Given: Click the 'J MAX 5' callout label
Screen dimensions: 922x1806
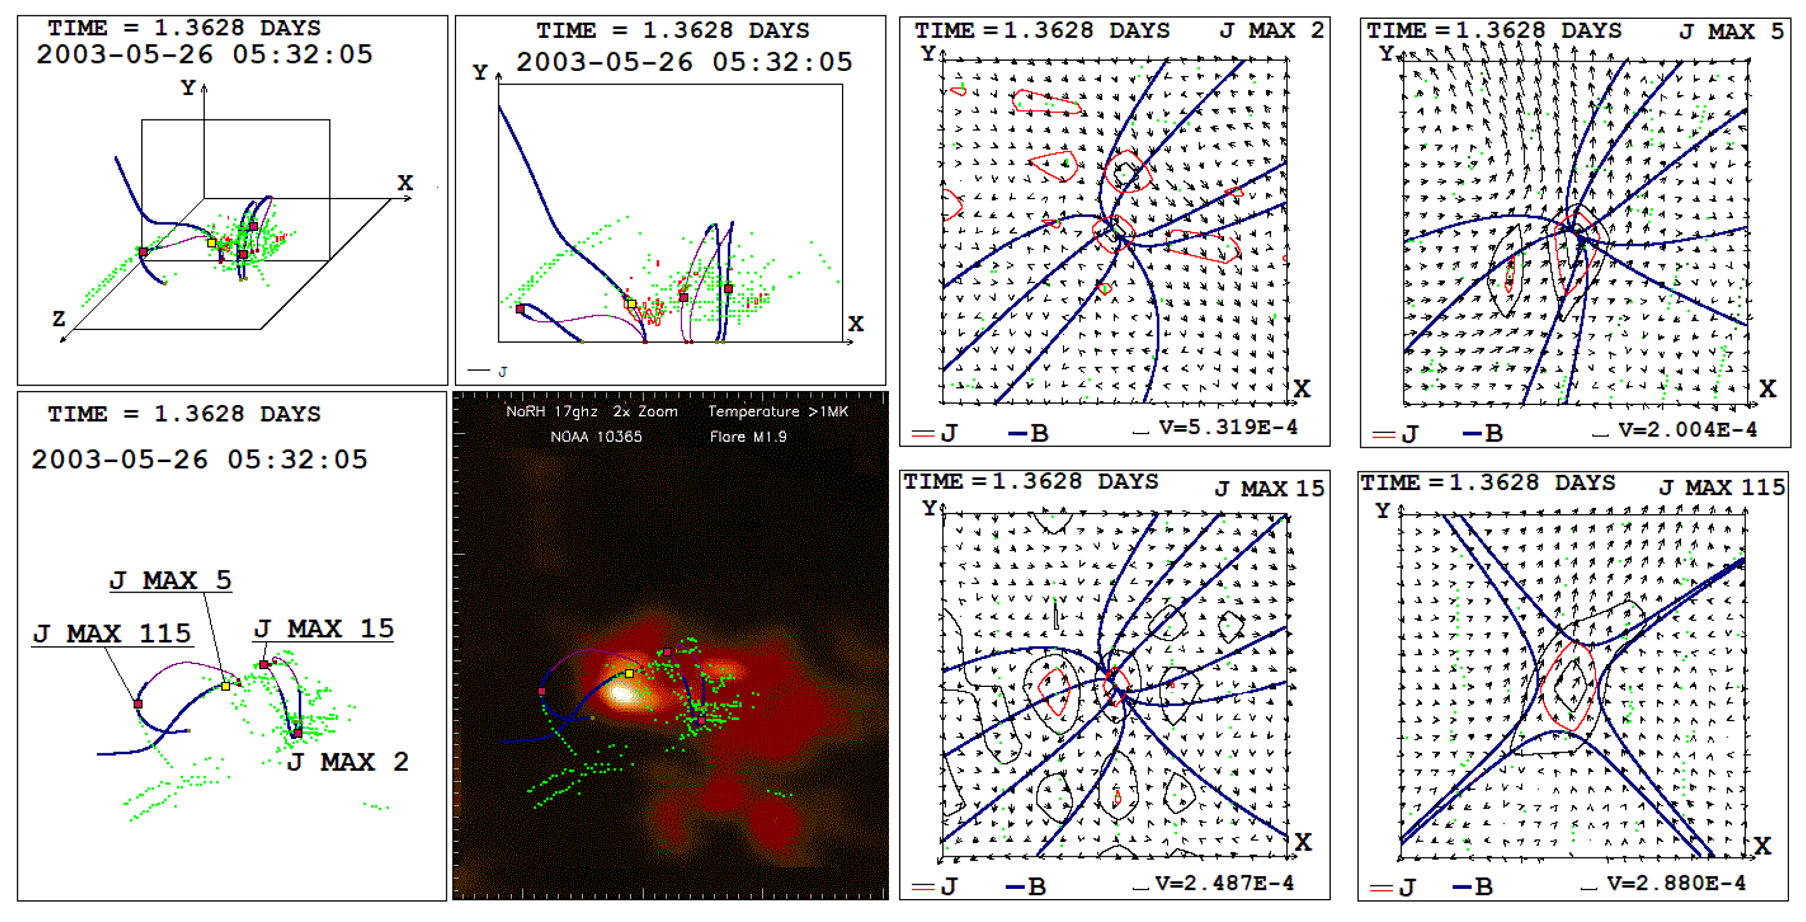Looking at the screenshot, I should click(x=170, y=581).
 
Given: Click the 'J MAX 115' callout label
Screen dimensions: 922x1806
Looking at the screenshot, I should click(x=112, y=634).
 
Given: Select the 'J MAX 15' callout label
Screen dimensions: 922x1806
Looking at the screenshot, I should click(x=324, y=629).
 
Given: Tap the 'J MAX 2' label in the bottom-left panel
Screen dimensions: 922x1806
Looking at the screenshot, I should click(x=348, y=762).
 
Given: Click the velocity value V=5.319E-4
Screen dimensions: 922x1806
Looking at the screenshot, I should click(x=1228, y=427).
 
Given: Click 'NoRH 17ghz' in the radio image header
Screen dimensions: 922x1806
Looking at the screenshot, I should click(x=552, y=412).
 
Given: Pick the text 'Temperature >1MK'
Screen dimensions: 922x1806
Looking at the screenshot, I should click(x=777, y=412).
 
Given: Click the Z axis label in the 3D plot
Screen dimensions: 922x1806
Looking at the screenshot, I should click(x=59, y=319).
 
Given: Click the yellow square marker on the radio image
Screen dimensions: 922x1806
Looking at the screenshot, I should click(x=630, y=674).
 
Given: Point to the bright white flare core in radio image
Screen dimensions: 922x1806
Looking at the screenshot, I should click(x=621, y=694).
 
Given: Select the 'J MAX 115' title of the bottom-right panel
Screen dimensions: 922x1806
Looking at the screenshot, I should click(x=1721, y=487).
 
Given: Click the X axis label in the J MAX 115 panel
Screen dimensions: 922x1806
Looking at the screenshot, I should click(x=1763, y=845).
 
